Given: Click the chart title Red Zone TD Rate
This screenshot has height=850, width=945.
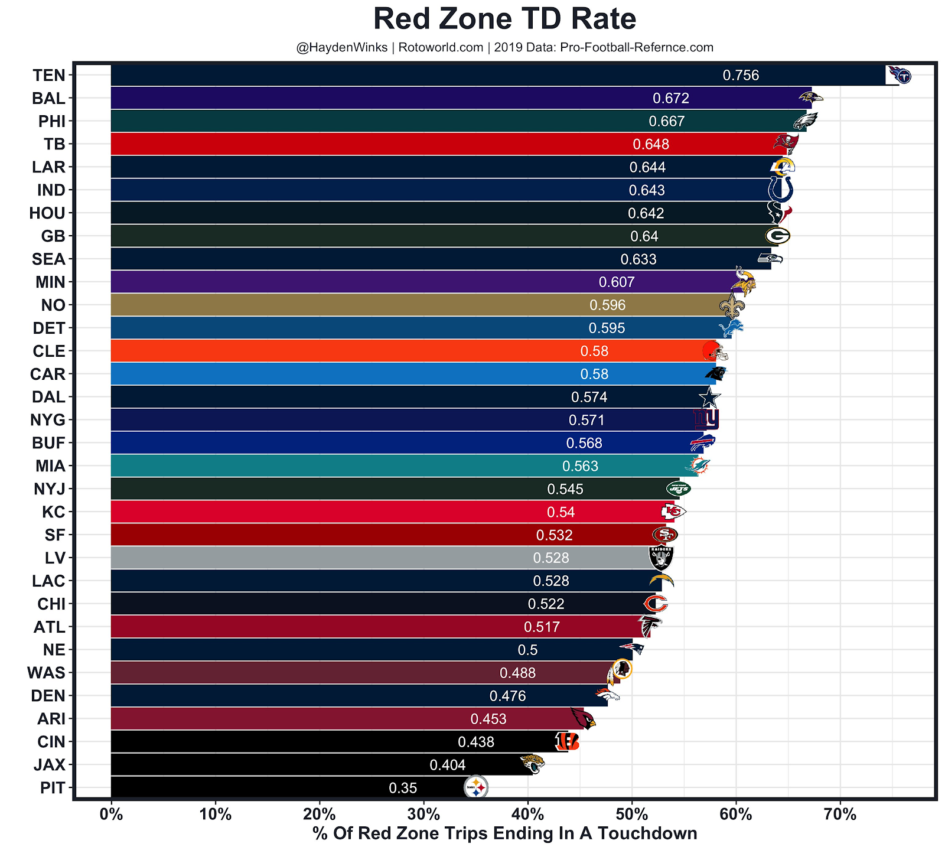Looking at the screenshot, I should coord(504,19).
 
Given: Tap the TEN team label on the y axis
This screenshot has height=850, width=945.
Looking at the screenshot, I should coord(49,76).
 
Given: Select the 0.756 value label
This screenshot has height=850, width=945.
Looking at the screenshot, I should coord(741,76).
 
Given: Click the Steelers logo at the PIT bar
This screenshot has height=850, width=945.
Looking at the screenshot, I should coord(476,787).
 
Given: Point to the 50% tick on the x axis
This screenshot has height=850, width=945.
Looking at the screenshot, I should coord(631,815).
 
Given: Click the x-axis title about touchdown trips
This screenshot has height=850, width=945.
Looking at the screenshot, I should coord(504,833).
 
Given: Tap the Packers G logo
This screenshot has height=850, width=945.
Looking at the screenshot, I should coord(777,236).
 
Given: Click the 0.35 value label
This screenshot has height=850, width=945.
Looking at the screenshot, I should coord(403,788).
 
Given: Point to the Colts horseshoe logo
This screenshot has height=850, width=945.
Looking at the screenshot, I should coord(780,190).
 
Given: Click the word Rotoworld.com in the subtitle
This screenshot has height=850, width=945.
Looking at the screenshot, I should coord(441,47).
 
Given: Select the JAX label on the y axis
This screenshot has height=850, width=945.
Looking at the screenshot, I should coord(50,765).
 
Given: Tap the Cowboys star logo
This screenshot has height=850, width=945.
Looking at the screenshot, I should coord(709,397).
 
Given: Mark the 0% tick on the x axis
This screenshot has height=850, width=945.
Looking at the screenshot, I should coord(111,815).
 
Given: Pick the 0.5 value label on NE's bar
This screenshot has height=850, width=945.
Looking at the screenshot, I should coord(527,650).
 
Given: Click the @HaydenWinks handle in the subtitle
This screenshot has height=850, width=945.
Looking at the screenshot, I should coord(342,47).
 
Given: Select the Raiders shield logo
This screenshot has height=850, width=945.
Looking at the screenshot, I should coord(661,557).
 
